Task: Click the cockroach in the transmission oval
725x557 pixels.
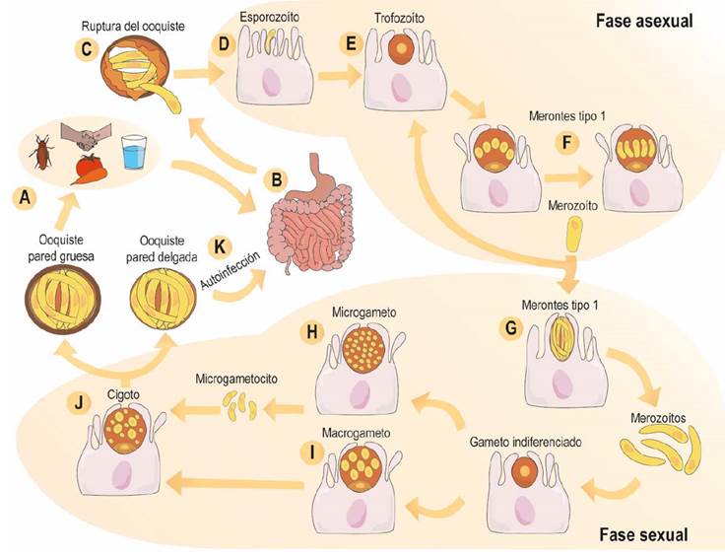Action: coord(40,151)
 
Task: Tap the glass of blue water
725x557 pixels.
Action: coord(135,151)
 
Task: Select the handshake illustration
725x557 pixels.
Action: coord(86,135)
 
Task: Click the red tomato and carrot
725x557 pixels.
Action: coord(90,170)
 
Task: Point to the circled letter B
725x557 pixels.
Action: coord(277,179)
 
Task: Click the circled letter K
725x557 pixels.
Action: coord(220,246)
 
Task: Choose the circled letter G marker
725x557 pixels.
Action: coord(511,327)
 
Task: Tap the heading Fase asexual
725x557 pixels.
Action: coord(644,21)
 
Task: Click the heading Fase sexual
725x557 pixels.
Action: coord(643,534)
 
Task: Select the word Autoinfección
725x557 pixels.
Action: coord(231,270)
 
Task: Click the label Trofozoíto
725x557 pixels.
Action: coord(400,19)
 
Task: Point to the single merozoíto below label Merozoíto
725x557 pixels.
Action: coord(574,235)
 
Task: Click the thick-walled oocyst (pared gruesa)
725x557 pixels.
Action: coord(62,301)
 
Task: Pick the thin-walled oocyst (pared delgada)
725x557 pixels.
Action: coord(164,301)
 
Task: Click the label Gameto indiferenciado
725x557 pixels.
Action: coord(525,442)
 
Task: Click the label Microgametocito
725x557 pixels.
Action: coord(236,379)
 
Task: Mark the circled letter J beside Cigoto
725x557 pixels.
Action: coord(79,402)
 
